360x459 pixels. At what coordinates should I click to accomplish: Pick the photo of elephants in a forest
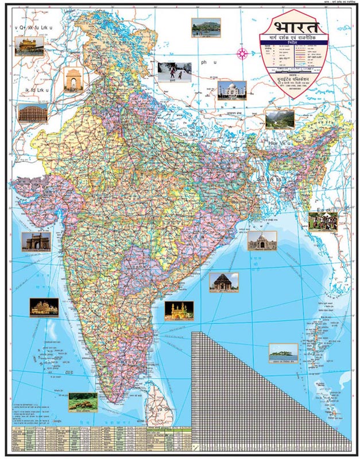click(x=83, y=402)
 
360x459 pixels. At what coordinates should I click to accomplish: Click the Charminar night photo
click(x=179, y=310)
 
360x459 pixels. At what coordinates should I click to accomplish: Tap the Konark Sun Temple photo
click(x=223, y=282)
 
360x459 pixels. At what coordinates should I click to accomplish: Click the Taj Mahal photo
click(x=232, y=91)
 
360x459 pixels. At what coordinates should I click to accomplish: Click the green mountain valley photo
click(x=280, y=119)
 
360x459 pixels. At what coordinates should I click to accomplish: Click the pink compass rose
click(x=242, y=53)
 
